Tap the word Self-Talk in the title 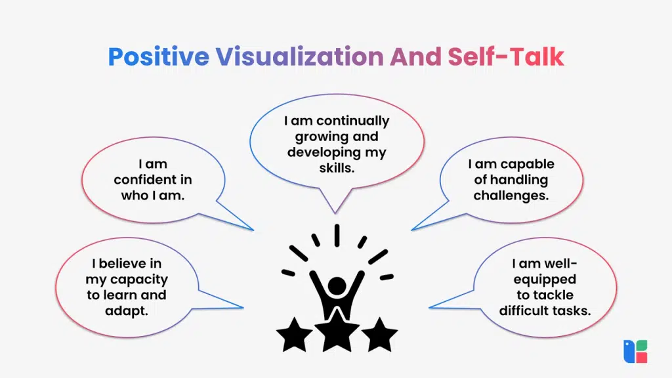pos(506,57)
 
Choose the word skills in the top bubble pos(336,168)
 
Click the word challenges pos(511,196)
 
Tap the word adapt pos(127,310)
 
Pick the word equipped pos(544,280)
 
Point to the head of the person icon pos(337,286)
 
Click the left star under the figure pos(294,335)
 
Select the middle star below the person pos(337,333)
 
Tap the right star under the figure pos(379,335)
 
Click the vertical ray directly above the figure pos(337,236)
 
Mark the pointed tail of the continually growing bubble pos(335,209)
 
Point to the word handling pos(511,180)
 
